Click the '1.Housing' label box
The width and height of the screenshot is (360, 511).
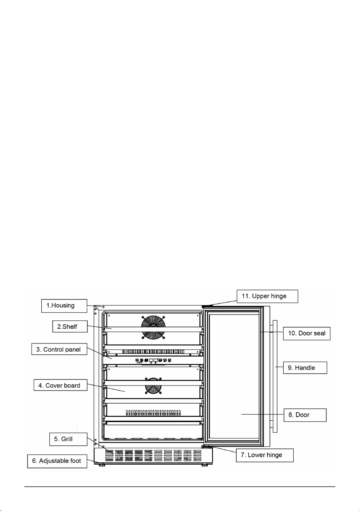(x=64, y=306)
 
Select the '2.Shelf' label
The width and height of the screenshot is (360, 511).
(x=70, y=327)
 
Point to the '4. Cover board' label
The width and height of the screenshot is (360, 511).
(x=61, y=385)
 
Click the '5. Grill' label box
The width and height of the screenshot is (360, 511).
(x=68, y=439)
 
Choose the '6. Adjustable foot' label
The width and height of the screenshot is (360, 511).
(x=57, y=461)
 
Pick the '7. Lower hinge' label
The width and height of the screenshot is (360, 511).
(x=265, y=455)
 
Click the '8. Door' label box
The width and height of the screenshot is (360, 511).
(x=305, y=415)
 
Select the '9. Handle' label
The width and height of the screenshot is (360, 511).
(x=305, y=367)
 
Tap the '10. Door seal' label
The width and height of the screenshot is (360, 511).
(x=307, y=333)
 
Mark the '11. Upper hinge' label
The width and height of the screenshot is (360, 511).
(x=267, y=296)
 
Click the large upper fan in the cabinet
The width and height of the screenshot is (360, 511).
(x=153, y=327)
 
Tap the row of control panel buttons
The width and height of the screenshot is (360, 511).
(x=153, y=360)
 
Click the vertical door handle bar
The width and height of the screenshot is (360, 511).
(x=275, y=376)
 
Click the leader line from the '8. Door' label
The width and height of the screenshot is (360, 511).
(x=262, y=414)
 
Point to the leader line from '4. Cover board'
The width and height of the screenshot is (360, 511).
(x=106, y=388)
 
